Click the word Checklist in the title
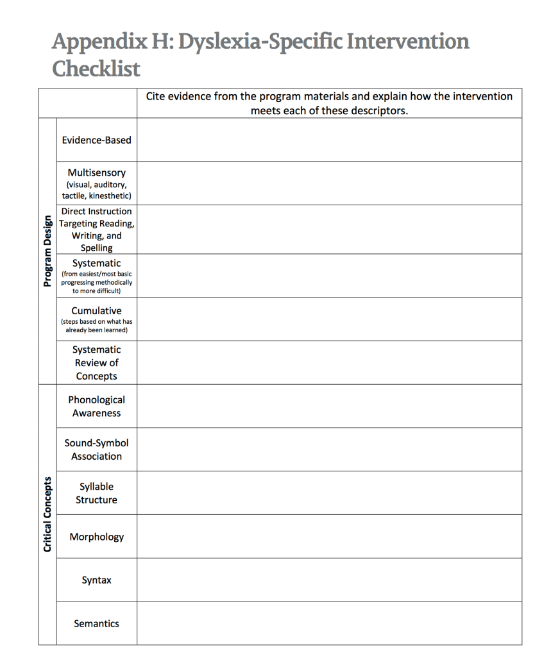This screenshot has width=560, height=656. [x=96, y=69]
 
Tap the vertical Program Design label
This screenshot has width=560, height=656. [x=47, y=251]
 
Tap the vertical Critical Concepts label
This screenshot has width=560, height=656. [x=47, y=514]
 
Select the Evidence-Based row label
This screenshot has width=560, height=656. [x=96, y=140]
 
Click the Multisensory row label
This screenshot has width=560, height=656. [x=96, y=173]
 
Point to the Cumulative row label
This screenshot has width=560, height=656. [x=96, y=311]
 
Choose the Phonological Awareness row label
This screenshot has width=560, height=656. [x=96, y=407]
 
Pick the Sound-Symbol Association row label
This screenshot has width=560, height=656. [x=96, y=450]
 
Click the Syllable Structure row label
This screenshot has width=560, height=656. [x=96, y=493]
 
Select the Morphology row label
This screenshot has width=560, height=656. [x=96, y=537]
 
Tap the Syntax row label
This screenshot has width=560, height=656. [x=96, y=580]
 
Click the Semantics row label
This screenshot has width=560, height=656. [x=96, y=623]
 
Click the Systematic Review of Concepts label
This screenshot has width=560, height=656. [x=96, y=363]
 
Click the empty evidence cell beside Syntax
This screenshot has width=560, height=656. [x=329, y=580]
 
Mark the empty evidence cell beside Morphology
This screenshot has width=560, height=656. [x=329, y=537]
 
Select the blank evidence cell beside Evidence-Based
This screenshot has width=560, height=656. [x=329, y=140]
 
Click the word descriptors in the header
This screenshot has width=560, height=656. [x=379, y=110]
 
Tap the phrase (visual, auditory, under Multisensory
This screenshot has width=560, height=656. [x=96, y=185]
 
